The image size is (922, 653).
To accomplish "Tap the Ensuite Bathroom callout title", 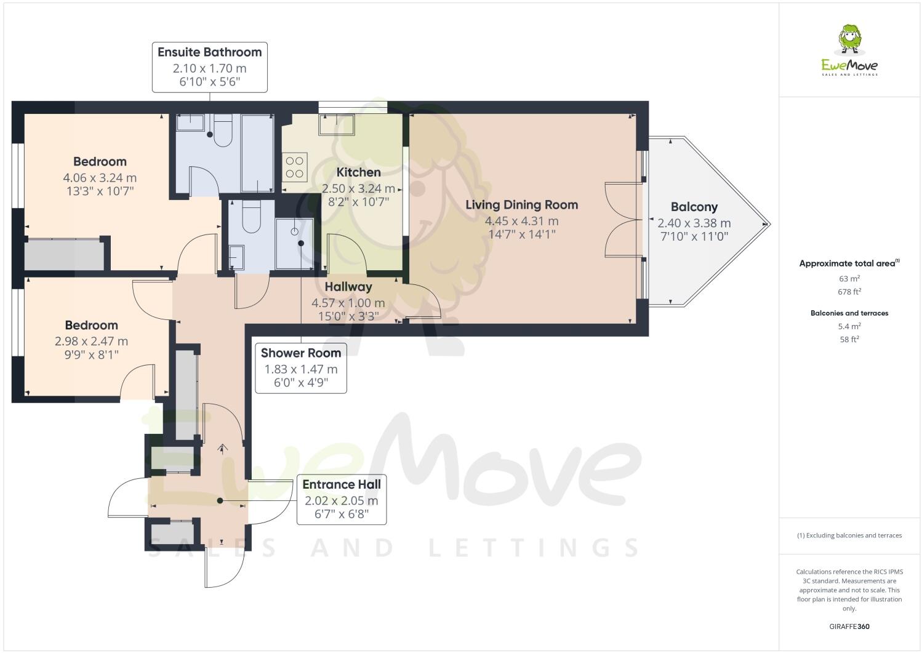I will [x=209, y=52].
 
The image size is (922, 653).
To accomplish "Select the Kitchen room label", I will [x=358, y=172].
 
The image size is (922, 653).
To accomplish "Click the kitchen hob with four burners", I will [x=295, y=166].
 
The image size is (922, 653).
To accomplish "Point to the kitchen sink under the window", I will [x=336, y=124].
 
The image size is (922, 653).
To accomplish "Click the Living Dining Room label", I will [x=521, y=205].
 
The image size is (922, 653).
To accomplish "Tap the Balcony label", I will [x=694, y=207].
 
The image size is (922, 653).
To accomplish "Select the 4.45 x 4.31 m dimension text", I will [x=521, y=221].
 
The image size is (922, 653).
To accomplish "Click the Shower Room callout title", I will [x=300, y=353].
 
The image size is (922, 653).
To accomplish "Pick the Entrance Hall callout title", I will [x=341, y=484].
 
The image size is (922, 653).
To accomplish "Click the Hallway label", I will [x=348, y=287].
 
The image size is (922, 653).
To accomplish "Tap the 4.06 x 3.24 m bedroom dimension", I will [x=100, y=178].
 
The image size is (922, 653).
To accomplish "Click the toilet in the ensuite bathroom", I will [x=222, y=132].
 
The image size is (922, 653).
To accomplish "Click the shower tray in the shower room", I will [x=294, y=244].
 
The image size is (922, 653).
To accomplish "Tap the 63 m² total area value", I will [x=849, y=278].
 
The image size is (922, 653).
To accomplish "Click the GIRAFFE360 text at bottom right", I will [x=849, y=627].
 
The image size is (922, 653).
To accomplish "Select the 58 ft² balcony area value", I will [x=849, y=340].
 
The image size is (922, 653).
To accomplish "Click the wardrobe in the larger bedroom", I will [x=63, y=255].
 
